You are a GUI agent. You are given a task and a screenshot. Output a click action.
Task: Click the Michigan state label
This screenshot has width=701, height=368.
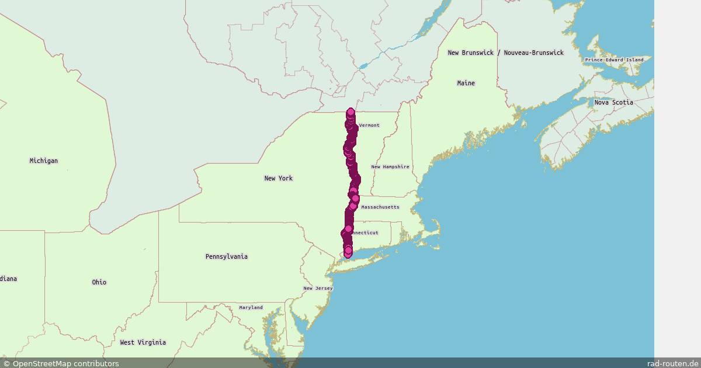[x=44, y=161]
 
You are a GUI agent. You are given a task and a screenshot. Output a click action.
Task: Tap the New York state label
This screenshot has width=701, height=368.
[x=278, y=178]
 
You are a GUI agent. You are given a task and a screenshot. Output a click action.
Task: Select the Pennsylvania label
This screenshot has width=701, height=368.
[x=226, y=256]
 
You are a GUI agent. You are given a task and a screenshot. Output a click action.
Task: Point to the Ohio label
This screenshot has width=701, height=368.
[x=99, y=282]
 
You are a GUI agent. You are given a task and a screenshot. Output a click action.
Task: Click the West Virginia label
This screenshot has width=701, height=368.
[x=143, y=342]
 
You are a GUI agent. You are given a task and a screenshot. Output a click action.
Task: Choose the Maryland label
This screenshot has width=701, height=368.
[x=251, y=307]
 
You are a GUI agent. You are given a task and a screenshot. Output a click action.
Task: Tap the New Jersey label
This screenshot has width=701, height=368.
[x=318, y=289]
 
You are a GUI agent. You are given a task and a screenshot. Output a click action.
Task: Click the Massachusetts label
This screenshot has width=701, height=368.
[x=380, y=207]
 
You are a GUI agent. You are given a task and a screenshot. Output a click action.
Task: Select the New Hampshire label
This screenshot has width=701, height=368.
[x=390, y=166]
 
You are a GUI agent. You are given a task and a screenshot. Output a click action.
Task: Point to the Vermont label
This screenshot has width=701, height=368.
[x=369, y=125]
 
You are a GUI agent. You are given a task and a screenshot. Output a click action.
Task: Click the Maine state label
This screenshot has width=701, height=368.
[x=466, y=83]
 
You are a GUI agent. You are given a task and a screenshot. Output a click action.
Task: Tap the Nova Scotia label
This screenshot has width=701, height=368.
[x=613, y=102]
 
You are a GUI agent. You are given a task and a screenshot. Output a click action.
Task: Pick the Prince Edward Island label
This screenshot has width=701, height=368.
[x=614, y=60]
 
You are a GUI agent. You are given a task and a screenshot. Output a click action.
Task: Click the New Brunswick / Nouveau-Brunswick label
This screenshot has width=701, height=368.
[x=505, y=53]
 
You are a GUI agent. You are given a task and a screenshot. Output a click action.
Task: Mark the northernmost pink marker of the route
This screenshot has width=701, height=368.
[x=350, y=112]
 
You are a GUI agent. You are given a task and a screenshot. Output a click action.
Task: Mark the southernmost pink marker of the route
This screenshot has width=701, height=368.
[x=348, y=254]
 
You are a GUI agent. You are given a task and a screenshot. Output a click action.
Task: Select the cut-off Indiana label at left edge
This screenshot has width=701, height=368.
[x=8, y=279]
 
